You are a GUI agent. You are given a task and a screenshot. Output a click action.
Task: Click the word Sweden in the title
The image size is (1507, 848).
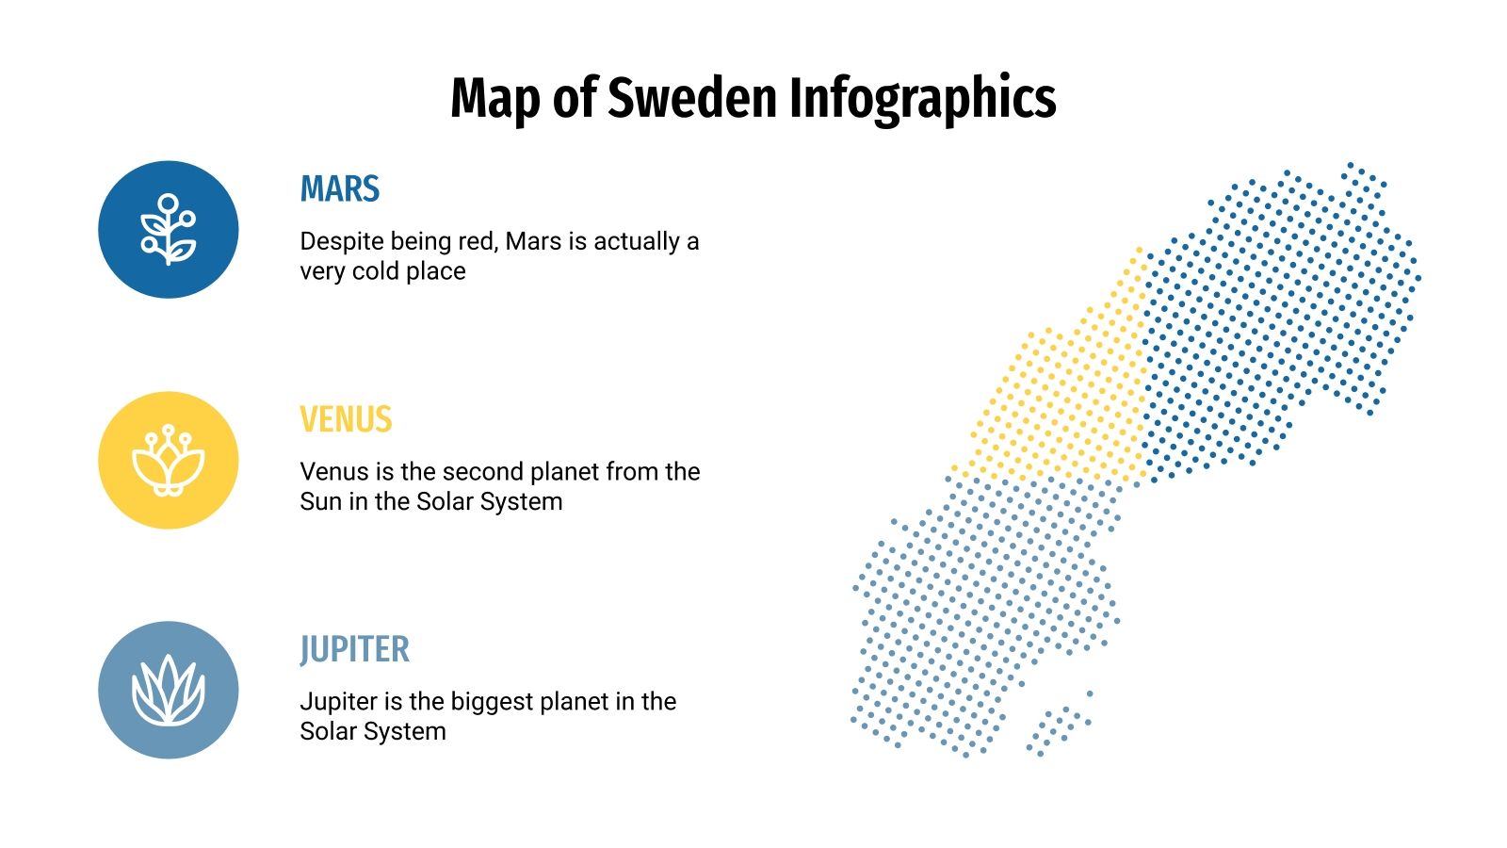[x=692, y=97]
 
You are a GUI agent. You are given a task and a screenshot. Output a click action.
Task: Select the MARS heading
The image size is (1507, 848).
[x=339, y=189]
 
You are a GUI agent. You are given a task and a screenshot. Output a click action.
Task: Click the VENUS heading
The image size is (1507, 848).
[x=346, y=419]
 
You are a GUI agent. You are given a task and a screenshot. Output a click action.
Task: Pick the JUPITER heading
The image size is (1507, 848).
[x=354, y=649]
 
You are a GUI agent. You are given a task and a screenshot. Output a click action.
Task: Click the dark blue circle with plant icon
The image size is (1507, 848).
[x=169, y=230]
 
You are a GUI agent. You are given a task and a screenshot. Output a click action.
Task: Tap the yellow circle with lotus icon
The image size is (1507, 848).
[x=169, y=460]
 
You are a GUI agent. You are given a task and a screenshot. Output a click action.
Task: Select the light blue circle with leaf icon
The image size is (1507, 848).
[x=169, y=690]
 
